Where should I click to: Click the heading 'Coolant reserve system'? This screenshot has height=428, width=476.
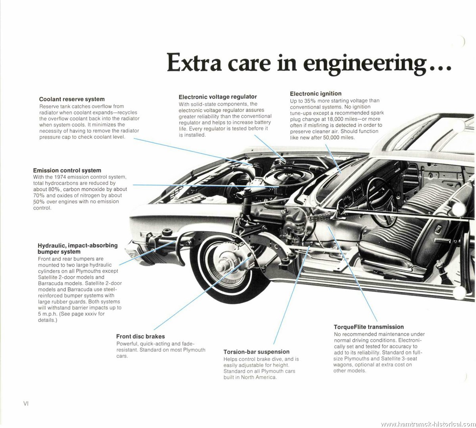pos(72,99)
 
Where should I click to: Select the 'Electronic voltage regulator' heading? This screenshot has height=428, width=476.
pos(218,97)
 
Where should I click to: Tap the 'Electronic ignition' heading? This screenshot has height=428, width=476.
pos(316,94)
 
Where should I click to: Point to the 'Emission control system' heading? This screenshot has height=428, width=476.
pos(67,170)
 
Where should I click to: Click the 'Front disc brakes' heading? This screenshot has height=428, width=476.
pos(140,336)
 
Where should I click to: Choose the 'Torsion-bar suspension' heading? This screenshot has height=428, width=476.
pos(257,352)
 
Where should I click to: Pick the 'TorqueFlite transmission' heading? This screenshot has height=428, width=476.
pos(369,327)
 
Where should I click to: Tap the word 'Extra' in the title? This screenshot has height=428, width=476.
pos(194,62)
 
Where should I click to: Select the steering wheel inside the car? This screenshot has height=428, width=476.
pos(381,202)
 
